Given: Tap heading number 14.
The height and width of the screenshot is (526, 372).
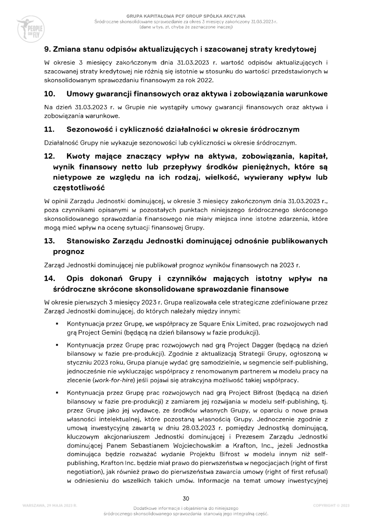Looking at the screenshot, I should pyautogui.click(x=49, y=279).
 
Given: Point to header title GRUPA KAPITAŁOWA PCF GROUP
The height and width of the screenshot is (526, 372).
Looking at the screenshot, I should pyautogui.click(x=173, y=16).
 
